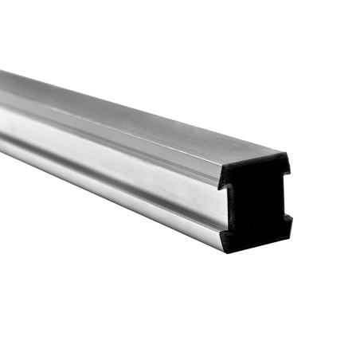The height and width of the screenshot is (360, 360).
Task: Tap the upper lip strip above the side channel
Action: pos(119,135)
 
